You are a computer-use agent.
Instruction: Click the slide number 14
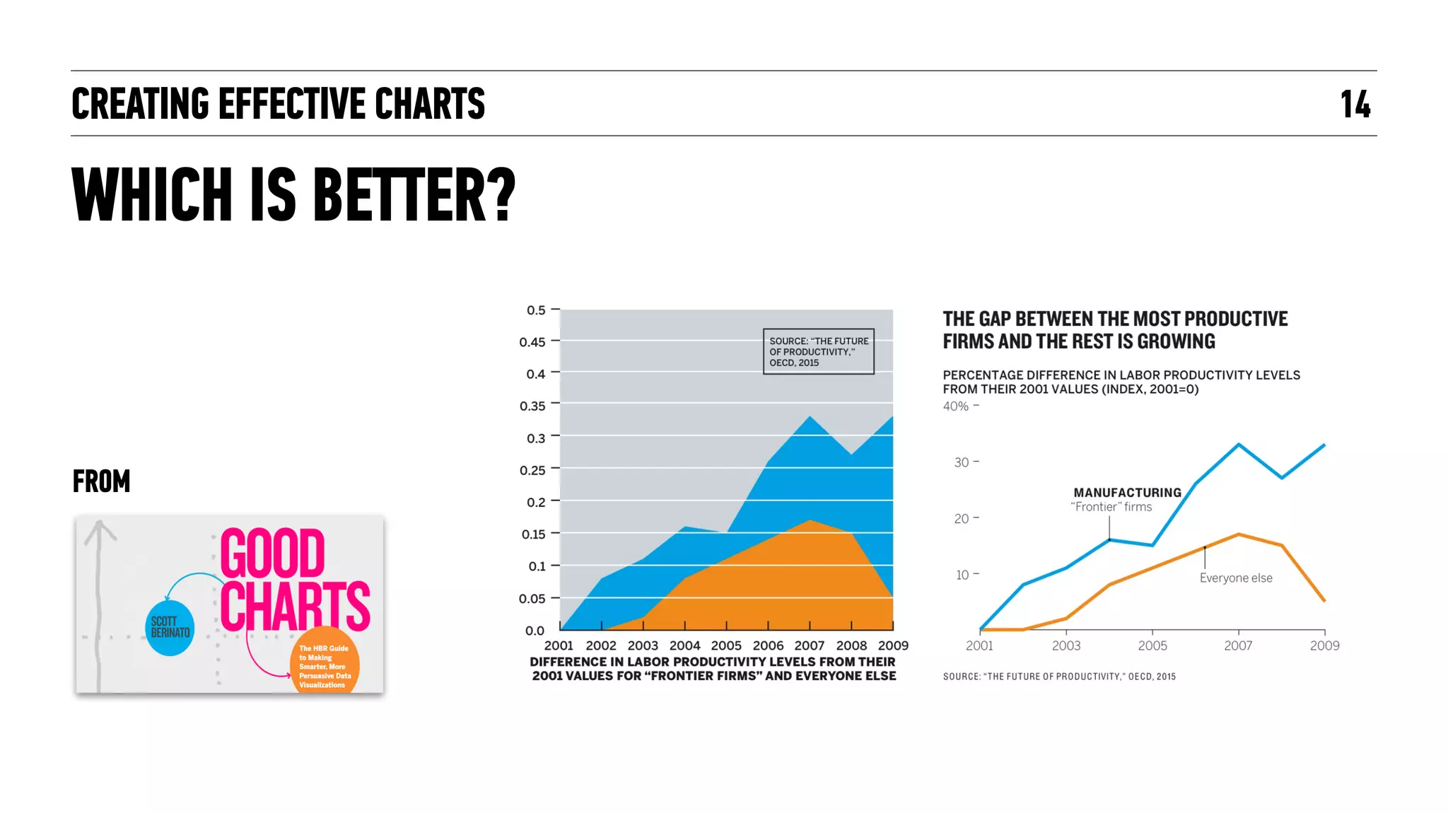[x=1355, y=105]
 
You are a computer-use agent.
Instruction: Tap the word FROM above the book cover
[x=101, y=481]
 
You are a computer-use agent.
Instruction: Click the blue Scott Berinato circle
[x=170, y=628]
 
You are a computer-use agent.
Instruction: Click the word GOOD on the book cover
[x=272, y=554]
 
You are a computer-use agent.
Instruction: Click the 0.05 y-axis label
[x=532, y=599]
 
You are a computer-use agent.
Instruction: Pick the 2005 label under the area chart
[x=726, y=645]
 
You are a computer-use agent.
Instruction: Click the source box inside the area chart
[x=818, y=351]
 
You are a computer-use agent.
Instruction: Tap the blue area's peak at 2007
[x=810, y=417]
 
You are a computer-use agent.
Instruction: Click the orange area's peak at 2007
[x=810, y=521]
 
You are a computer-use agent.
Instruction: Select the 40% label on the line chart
[x=956, y=406]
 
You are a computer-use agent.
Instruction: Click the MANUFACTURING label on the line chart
[x=1127, y=493]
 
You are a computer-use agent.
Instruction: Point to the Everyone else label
[x=1235, y=578]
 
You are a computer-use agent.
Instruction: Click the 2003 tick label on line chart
[x=1065, y=645]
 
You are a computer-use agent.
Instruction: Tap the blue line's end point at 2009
[x=1324, y=445]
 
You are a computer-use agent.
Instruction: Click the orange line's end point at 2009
[x=1324, y=600]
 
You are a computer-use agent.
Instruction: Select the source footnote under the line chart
[x=1058, y=677]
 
